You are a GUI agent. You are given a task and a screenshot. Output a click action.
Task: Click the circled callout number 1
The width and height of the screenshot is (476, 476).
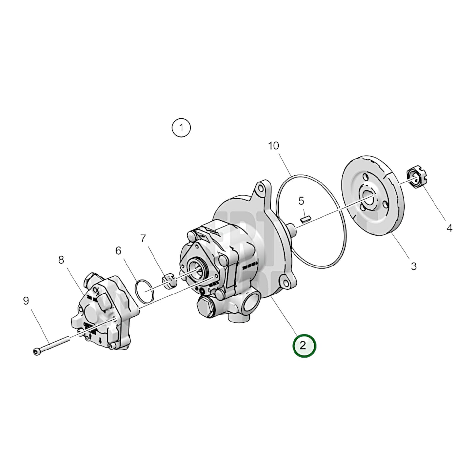(181, 127)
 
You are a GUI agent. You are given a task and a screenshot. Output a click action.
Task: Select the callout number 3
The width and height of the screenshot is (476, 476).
(413, 266)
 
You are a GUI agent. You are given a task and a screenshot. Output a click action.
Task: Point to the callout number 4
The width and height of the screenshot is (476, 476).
(449, 228)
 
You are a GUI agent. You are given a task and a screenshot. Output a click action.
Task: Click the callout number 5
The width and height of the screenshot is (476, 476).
(301, 201)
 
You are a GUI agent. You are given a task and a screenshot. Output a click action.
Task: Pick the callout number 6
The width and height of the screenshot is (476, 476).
(118, 251)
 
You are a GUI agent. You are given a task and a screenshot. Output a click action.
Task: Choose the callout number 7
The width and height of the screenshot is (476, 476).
(143, 238)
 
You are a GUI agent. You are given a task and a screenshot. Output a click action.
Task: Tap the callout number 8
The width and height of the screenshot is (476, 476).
(61, 260)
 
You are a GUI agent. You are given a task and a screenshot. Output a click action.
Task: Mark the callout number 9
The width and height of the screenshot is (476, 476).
(26, 301)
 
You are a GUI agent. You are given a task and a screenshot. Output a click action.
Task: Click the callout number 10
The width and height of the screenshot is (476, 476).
(273, 146)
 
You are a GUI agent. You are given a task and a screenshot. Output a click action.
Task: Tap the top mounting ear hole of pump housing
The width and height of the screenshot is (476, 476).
(261, 188)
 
